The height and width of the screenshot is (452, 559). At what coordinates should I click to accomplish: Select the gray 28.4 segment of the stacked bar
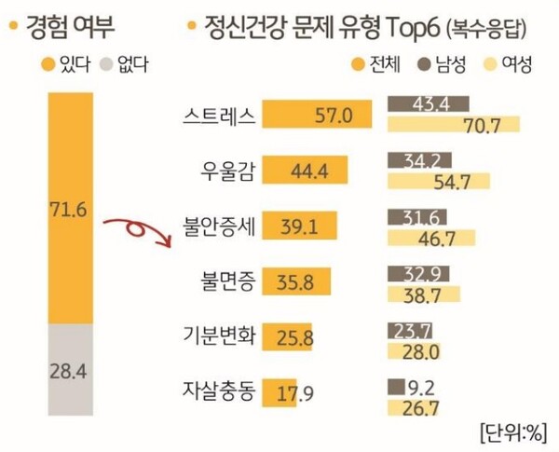click(68, 369)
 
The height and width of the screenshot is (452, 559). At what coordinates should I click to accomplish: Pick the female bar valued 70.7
click(453, 125)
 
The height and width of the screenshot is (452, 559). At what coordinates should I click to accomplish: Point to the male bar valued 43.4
click(427, 103)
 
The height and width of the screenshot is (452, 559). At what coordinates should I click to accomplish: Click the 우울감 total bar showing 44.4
click(307, 171)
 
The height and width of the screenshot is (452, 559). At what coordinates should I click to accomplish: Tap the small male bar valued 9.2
click(395, 382)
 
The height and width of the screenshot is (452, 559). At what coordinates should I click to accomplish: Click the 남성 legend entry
click(446, 64)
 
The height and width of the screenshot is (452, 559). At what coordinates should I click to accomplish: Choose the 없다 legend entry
click(124, 64)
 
